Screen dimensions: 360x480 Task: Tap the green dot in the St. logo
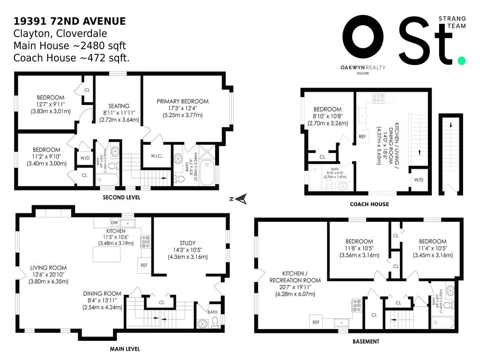pos(462,60)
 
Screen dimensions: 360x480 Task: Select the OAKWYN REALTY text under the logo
pos(363,67)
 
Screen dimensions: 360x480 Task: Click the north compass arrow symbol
pos(241,200)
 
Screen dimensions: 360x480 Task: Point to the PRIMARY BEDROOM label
pos(182,101)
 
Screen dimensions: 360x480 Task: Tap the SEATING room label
pos(119,106)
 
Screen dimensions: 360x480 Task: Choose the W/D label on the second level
pos(84,157)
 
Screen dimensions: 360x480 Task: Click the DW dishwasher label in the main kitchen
pos(114,222)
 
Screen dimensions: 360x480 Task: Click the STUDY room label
pos(187,243)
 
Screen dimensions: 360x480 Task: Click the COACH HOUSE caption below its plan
pos(369,204)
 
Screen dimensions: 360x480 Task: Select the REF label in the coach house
pos(362,137)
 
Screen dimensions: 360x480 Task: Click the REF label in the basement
pos(316,322)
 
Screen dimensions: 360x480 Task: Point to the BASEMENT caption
pos(366,342)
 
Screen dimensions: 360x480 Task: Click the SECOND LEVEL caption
pos(121,197)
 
